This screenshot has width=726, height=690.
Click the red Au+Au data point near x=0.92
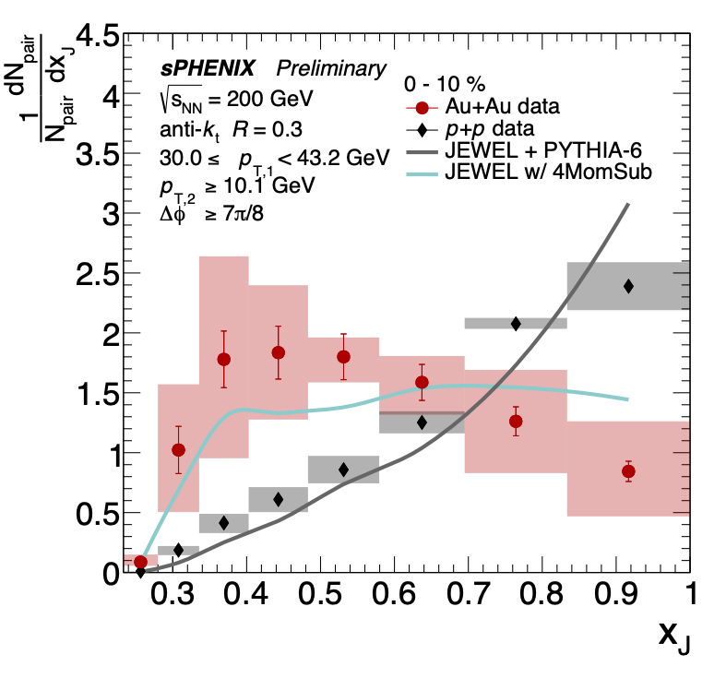[x=628, y=471]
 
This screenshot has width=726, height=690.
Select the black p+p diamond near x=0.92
[x=628, y=286]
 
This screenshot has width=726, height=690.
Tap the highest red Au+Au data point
[x=278, y=352]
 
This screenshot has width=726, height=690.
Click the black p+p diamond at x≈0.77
[x=516, y=323]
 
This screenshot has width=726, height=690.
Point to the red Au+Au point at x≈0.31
[x=178, y=450]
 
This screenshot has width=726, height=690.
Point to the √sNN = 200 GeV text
[x=236, y=98]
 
